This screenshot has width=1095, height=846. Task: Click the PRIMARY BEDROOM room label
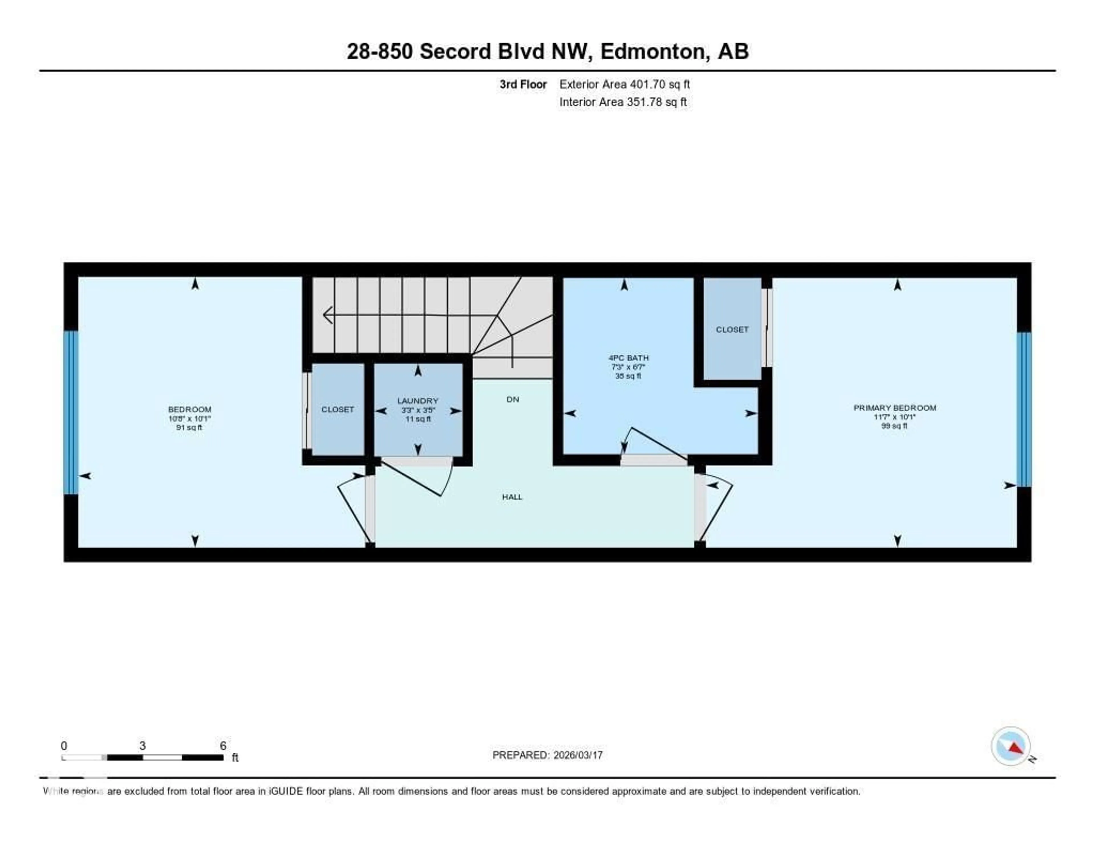click(x=895, y=408)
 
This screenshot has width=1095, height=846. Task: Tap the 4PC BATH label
click(x=628, y=358)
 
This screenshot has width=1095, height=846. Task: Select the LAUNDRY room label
click(x=418, y=401)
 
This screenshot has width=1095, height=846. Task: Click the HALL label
click(x=512, y=497)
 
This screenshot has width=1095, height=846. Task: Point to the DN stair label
click(x=512, y=399)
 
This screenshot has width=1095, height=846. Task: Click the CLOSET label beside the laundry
click(x=337, y=409)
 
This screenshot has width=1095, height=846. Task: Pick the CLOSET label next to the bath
click(x=732, y=329)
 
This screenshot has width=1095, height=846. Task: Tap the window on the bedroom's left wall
click(x=71, y=412)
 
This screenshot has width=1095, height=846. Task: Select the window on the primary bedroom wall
click(x=1024, y=409)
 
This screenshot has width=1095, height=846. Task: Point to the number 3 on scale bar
click(x=142, y=746)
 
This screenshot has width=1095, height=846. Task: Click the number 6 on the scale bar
click(x=223, y=746)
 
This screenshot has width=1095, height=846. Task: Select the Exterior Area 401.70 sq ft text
click(x=624, y=84)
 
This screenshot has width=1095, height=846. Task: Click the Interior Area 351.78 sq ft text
click(x=623, y=102)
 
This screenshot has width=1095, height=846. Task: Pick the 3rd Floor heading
click(x=523, y=84)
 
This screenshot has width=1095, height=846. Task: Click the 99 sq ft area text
click(x=895, y=426)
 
